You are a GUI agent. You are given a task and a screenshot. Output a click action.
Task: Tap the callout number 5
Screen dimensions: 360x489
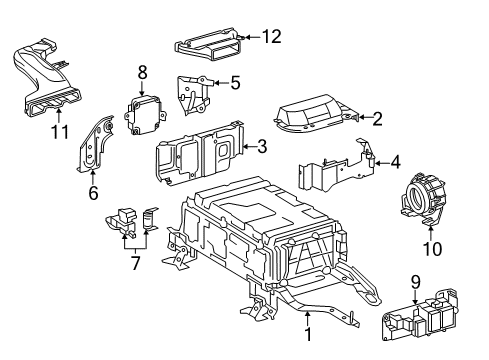tap(234, 83)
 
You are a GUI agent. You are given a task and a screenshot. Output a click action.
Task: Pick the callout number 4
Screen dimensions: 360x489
tap(395, 160)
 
